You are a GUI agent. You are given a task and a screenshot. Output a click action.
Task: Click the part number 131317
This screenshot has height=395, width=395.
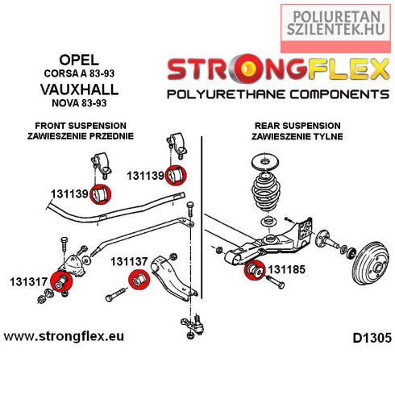point(28,282)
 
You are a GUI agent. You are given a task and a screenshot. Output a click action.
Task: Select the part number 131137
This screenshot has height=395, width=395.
point(129,261)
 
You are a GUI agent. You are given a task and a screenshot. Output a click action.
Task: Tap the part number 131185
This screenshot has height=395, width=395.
point(287,269)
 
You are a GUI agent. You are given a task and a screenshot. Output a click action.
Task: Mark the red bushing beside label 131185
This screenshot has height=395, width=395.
point(255,270)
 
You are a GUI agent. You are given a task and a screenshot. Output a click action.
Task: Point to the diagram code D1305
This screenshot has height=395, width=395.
point(372,338)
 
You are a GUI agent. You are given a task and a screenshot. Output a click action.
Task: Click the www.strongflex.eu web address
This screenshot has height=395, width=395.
point(64,336)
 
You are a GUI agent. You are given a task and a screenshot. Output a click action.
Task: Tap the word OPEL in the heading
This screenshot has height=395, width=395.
point(79,60)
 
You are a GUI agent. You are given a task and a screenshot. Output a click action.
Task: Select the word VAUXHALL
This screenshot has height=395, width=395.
point(79,89)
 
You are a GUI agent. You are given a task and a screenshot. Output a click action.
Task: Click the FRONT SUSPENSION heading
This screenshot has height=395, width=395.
point(81,126)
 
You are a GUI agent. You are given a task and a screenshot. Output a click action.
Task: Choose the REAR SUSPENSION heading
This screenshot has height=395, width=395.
point(297,126)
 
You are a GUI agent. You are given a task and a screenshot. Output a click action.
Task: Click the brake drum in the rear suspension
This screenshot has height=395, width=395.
point(370,263)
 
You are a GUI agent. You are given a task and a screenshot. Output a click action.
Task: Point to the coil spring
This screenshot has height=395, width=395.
point(266,191)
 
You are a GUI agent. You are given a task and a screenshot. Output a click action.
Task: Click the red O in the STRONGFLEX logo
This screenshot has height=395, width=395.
point(247,69)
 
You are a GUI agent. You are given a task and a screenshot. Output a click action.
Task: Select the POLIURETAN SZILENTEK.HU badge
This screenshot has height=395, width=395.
point(335,28)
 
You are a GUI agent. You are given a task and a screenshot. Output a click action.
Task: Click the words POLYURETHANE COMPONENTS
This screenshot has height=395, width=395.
point(278,94)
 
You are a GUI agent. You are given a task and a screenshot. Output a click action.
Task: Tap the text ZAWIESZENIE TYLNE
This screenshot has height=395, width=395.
point(297,136)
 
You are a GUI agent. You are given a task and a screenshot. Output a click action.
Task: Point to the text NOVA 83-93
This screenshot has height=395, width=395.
point(79,103)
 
